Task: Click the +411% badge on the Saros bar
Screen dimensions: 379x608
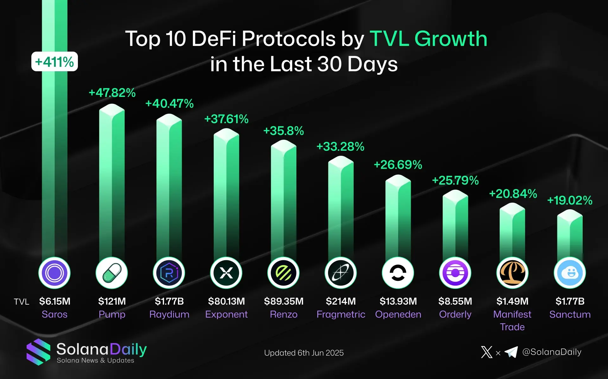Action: (54, 62)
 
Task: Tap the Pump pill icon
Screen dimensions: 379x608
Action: (112, 273)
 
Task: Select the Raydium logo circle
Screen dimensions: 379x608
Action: (169, 273)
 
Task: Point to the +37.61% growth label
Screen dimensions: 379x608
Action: (226, 119)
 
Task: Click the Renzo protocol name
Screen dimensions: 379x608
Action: (283, 314)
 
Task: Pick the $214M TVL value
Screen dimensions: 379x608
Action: (341, 301)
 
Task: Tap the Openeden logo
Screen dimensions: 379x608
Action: (398, 273)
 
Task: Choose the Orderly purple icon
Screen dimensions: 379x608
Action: (455, 273)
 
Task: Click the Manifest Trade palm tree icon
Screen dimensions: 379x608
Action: (512, 273)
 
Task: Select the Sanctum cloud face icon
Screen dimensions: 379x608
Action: (570, 273)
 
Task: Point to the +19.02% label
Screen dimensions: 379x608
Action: (570, 200)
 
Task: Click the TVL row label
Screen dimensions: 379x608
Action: (22, 302)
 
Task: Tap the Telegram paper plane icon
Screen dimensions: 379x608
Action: (511, 352)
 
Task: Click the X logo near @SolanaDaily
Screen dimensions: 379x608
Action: (487, 352)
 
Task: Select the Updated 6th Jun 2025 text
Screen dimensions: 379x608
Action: (304, 353)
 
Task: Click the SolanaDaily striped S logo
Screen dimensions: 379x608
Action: (38, 352)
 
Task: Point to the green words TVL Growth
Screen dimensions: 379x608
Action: (428, 39)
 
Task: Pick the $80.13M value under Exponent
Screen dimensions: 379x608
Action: (226, 301)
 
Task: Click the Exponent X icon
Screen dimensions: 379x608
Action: (226, 273)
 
